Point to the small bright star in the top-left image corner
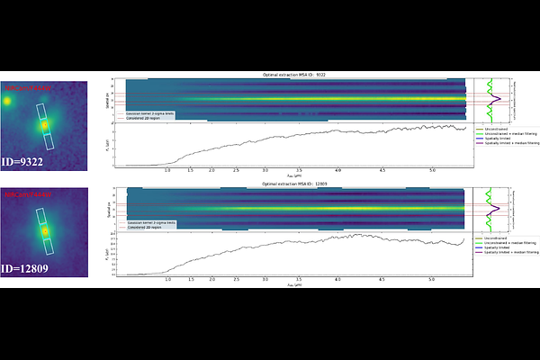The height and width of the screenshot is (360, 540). (x=7, y=102)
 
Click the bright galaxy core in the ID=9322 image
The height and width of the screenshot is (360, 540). (x=43, y=127)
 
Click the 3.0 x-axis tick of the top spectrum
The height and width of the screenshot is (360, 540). (x=265, y=169)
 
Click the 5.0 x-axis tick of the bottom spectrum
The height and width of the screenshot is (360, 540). (x=434, y=278)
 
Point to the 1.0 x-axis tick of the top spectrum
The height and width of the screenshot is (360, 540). (x=167, y=169)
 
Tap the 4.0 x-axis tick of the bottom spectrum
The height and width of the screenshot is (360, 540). (x=337, y=278)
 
